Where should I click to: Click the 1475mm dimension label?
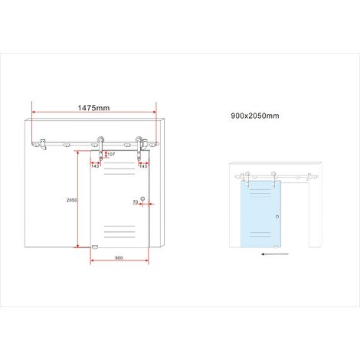93,108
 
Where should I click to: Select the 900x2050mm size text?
255,116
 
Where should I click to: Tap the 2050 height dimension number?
71,201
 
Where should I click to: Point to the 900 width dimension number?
119,258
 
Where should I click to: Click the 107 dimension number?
111,154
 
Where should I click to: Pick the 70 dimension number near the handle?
136,201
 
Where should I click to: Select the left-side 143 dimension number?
95,166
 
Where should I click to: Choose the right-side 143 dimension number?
143,166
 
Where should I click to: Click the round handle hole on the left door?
142,198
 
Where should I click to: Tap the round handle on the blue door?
277,217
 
